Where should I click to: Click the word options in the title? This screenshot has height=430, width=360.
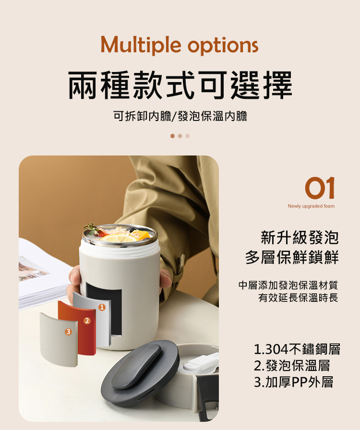click(223, 46)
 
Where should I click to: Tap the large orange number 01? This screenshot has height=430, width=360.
click(320, 188)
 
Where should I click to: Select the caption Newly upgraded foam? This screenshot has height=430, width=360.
click(311, 206)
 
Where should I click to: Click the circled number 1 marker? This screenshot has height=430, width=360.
click(102, 308)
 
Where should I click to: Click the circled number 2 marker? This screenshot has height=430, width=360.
click(87, 321)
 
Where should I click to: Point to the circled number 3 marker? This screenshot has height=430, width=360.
click(68, 332)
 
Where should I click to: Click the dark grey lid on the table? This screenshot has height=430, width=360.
click(140, 372)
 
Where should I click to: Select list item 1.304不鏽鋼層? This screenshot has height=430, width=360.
click(297, 349)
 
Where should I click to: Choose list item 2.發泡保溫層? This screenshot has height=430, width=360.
click(292, 365)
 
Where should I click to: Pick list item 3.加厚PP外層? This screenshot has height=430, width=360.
click(294, 382)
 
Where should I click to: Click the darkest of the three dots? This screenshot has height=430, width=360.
click(173, 136)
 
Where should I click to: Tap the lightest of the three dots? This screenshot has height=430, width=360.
click(187, 136)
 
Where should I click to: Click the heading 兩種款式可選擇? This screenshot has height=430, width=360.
click(180, 85)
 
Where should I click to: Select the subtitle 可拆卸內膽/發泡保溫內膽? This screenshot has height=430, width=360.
click(180, 116)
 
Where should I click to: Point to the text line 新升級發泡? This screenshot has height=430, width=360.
click(300, 238)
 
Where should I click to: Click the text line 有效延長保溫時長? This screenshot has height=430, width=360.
click(298, 298)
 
